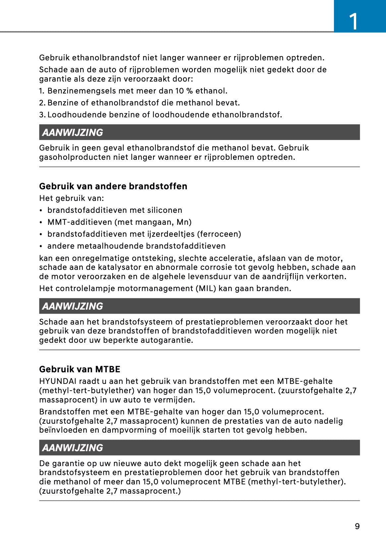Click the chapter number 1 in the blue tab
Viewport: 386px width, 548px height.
354,21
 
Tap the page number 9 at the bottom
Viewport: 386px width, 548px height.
357,526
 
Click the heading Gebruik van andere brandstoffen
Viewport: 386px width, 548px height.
113,186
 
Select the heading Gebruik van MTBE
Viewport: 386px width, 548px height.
80,369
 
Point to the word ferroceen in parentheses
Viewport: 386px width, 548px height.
219,234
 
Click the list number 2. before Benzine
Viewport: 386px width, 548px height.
42,103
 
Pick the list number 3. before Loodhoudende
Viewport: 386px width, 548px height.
42,115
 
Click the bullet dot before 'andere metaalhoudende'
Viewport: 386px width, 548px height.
40,246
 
